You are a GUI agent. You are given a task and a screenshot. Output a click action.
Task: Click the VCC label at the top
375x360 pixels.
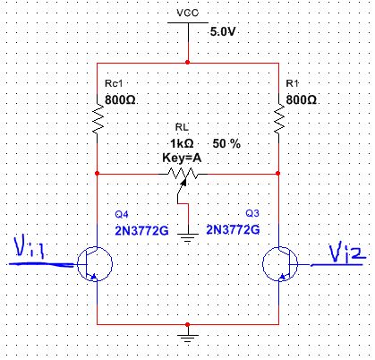[x=187, y=13]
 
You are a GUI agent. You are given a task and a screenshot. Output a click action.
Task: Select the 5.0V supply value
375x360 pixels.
[x=223, y=31]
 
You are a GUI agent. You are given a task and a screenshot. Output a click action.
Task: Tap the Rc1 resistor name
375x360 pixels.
[x=114, y=83]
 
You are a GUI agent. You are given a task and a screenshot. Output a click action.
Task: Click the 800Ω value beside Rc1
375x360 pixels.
[x=120, y=99]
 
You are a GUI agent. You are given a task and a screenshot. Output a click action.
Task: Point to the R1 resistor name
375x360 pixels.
[x=292, y=83]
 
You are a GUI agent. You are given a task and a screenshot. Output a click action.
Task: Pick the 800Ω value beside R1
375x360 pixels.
[x=301, y=99]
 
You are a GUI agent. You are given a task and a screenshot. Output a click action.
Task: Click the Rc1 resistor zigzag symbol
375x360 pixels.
[x=98, y=119]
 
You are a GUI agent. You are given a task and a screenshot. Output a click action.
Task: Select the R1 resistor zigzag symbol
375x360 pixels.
[x=278, y=119]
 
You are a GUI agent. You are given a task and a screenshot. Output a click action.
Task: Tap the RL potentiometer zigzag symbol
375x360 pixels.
[x=183, y=174]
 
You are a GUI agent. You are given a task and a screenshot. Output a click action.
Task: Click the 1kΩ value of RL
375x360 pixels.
[x=182, y=144]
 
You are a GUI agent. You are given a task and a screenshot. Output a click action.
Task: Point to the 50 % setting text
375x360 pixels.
[x=226, y=144]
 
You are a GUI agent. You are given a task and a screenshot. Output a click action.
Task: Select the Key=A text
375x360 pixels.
[x=182, y=158]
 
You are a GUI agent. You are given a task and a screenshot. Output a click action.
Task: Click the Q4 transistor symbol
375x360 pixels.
[x=95, y=264]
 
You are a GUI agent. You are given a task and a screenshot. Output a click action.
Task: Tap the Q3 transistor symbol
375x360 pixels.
[x=280, y=264]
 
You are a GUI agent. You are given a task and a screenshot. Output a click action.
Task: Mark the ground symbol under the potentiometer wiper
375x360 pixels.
[x=188, y=237]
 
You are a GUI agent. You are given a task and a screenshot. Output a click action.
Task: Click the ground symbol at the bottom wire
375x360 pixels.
[x=188, y=339]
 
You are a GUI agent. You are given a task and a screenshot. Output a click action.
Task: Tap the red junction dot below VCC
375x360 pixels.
[x=187, y=63]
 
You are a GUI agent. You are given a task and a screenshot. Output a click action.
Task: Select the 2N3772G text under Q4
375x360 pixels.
[x=141, y=231]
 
